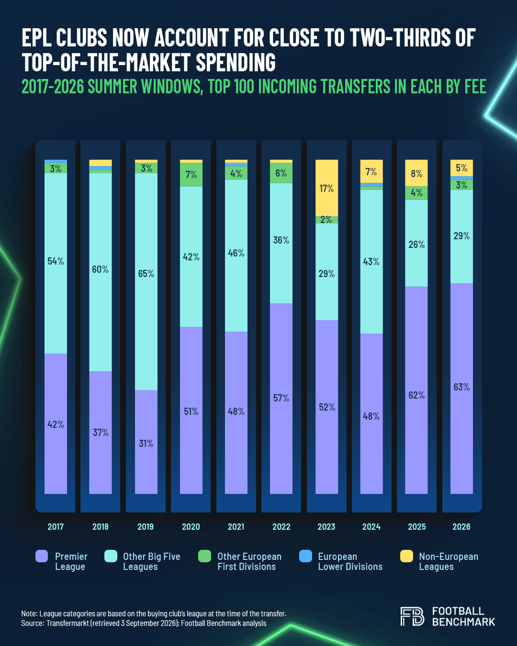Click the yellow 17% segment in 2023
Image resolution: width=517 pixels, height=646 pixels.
click(326, 188)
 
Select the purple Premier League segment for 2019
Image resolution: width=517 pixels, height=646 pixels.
click(146, 442)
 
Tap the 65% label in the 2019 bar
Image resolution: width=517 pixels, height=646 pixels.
click(146, 273)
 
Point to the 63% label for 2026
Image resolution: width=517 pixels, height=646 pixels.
click(461, 387)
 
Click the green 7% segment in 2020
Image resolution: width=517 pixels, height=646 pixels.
click(191, 175)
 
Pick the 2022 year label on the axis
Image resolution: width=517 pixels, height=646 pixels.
click(281, 527)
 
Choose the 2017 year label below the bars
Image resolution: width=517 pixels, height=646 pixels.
click(56, 527)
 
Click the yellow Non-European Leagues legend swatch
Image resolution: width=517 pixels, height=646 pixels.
click(406, 556)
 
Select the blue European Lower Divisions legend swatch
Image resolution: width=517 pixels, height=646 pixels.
click(305, 556)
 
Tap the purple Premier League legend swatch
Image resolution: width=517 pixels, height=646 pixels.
click(42, 556)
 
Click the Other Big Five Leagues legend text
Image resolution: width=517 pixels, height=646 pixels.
click(151, 561)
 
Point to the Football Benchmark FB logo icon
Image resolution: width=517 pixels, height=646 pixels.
click(412, 616)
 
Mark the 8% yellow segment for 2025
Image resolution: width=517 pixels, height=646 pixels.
click(416, 173)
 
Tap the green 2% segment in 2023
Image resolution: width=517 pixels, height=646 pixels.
click(326, 220)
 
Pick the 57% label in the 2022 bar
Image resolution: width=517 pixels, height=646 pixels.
click(281, 398)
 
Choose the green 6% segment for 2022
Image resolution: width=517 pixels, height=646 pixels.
click(281, 173)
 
